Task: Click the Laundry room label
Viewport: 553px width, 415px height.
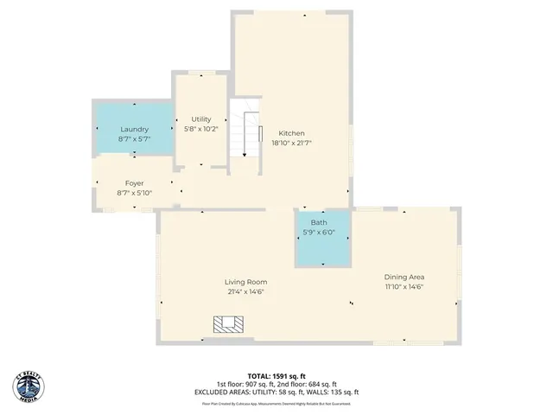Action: click(x=134, y=130)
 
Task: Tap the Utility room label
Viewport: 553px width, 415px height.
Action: click(x=201, y=119)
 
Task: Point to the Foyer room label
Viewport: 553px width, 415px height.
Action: click(x=134, y=183)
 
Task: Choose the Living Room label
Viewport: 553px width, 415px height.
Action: click(x=245, y=282)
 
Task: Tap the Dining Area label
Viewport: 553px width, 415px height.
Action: click(x=404, y=277)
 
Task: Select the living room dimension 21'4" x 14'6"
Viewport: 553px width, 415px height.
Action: click(x=245, y=292)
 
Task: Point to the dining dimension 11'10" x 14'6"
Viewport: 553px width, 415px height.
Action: click(x=404, y=287)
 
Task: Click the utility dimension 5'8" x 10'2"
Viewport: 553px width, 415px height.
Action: click(x=201, y=130)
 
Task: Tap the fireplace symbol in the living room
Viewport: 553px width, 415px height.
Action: click(x=230, y=324)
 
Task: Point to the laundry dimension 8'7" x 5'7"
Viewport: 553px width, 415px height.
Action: click(x=134, y=139)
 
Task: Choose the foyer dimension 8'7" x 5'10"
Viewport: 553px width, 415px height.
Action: click(x=134, y=193)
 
